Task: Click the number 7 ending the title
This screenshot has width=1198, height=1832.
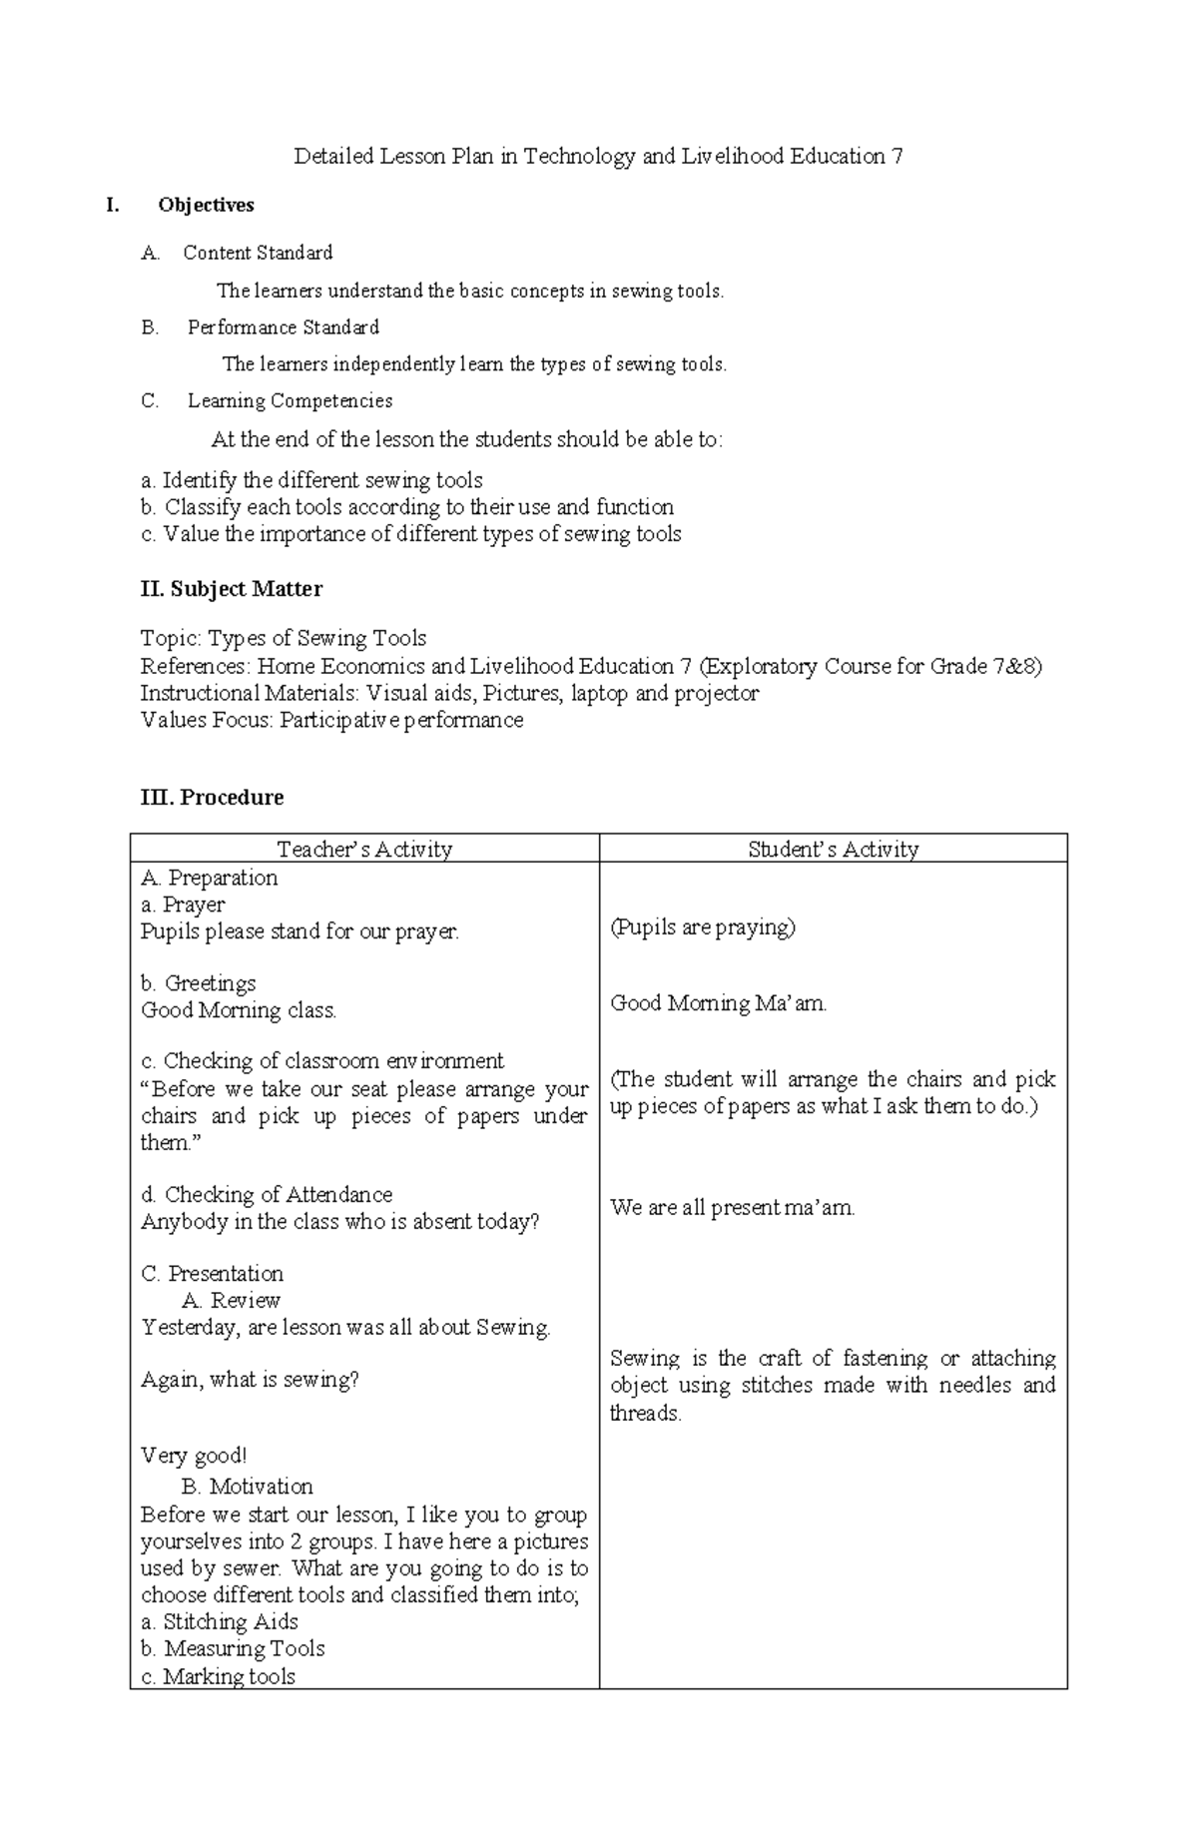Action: [x=897, y=157]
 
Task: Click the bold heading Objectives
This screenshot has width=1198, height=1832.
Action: [x=206, y=205]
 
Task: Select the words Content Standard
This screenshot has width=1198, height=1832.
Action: [x=258, y=253]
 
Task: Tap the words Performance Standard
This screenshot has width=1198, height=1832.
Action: [x=284, y=327]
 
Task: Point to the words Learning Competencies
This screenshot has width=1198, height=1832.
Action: [x=290, y=401]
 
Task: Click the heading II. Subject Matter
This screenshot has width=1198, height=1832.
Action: [x=232, y=589]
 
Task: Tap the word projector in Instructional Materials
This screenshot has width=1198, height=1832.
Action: [x=716, y=693]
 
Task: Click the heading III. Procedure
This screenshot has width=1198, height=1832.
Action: [x=212, y=797]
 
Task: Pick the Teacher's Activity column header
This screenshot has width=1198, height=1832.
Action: [x=364, y=849]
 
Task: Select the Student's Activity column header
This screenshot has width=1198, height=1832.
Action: [x=833, y=849]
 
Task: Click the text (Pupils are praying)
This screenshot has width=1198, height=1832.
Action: [x=703, y=927]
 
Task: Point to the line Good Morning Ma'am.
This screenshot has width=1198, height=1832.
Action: [x=719, y=1003]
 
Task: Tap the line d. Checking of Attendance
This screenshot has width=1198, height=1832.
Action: [x=267, y=1194]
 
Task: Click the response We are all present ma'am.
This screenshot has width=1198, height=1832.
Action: [x=733, y=1208]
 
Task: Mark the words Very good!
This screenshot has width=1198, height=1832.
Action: [x=194, y=1456]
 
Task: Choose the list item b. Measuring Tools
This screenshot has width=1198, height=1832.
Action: [x=233, y=1648]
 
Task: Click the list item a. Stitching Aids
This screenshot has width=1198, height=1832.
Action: [x=220, y=1621]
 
